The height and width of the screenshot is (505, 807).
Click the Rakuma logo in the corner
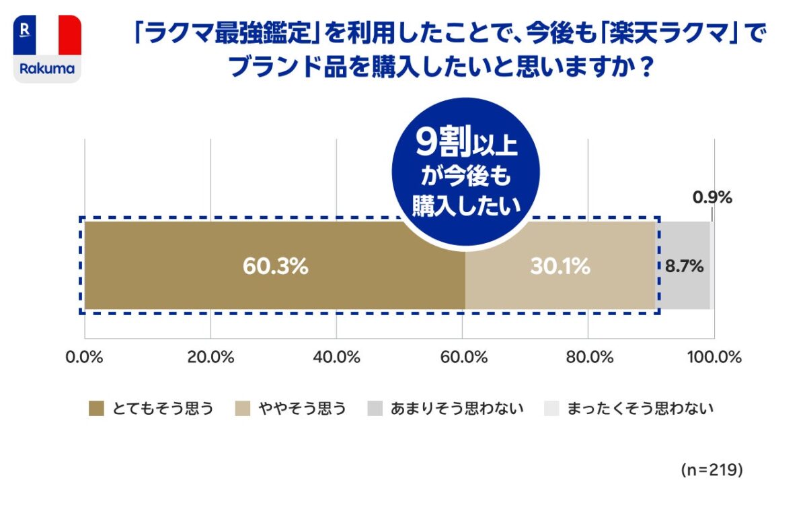tap(47, 49)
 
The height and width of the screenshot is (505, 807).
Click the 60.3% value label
tap(275, 267)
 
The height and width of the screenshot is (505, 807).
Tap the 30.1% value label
tap(560, 267)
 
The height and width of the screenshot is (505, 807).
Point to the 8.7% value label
tap(684, 267)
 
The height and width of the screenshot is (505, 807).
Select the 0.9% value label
tap(712, 198)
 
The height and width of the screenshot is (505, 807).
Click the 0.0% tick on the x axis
tap(85, 358)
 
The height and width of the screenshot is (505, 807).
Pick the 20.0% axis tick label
tap(210, 358)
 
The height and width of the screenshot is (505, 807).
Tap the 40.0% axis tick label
tap(336, 358)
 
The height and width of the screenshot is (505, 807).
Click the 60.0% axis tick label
tap(463, 358)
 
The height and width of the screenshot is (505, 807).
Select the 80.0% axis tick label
tap(588, 358)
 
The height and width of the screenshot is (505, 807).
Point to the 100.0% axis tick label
tap(714, 358)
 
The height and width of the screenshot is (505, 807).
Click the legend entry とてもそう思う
tap(151, 408)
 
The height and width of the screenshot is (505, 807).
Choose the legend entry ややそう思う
tap(291, 408)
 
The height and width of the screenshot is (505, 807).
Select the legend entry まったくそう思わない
tap(629, 408)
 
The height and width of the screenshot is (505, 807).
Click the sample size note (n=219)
tap(711, 469)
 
